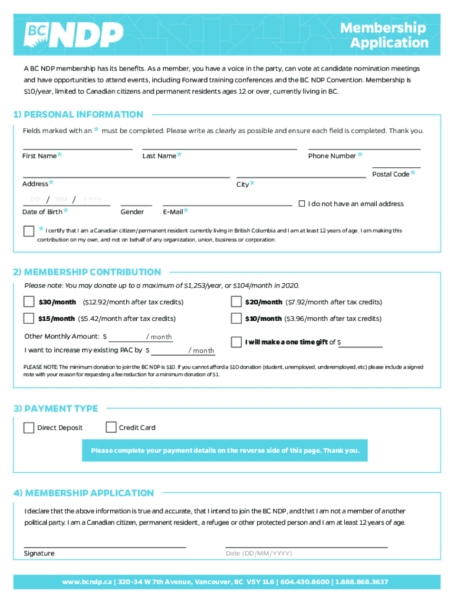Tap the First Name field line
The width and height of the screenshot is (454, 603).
point(77,149)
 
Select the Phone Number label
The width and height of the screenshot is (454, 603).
point(332,156)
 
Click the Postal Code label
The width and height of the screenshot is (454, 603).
point(390,174)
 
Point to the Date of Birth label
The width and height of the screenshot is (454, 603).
point(42,212)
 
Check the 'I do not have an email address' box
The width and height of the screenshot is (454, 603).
point(302,204)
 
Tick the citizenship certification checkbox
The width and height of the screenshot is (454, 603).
point(29,231)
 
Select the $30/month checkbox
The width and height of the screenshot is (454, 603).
point(29,302)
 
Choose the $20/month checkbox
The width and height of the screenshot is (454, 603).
point(236,302)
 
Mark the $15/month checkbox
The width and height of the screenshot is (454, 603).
point(29,319)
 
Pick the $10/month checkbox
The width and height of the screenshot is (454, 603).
point(236,319)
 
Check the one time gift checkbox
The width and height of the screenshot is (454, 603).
point(236,342)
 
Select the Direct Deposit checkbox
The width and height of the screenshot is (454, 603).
point(29,428)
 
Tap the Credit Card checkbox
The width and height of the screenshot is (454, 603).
point(111,428)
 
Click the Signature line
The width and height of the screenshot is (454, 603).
point(105,546)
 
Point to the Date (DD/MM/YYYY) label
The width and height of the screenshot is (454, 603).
point(259,554)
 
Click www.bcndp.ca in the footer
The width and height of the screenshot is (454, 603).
point(87,582)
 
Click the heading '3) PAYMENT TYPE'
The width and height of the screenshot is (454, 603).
point(55,409)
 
